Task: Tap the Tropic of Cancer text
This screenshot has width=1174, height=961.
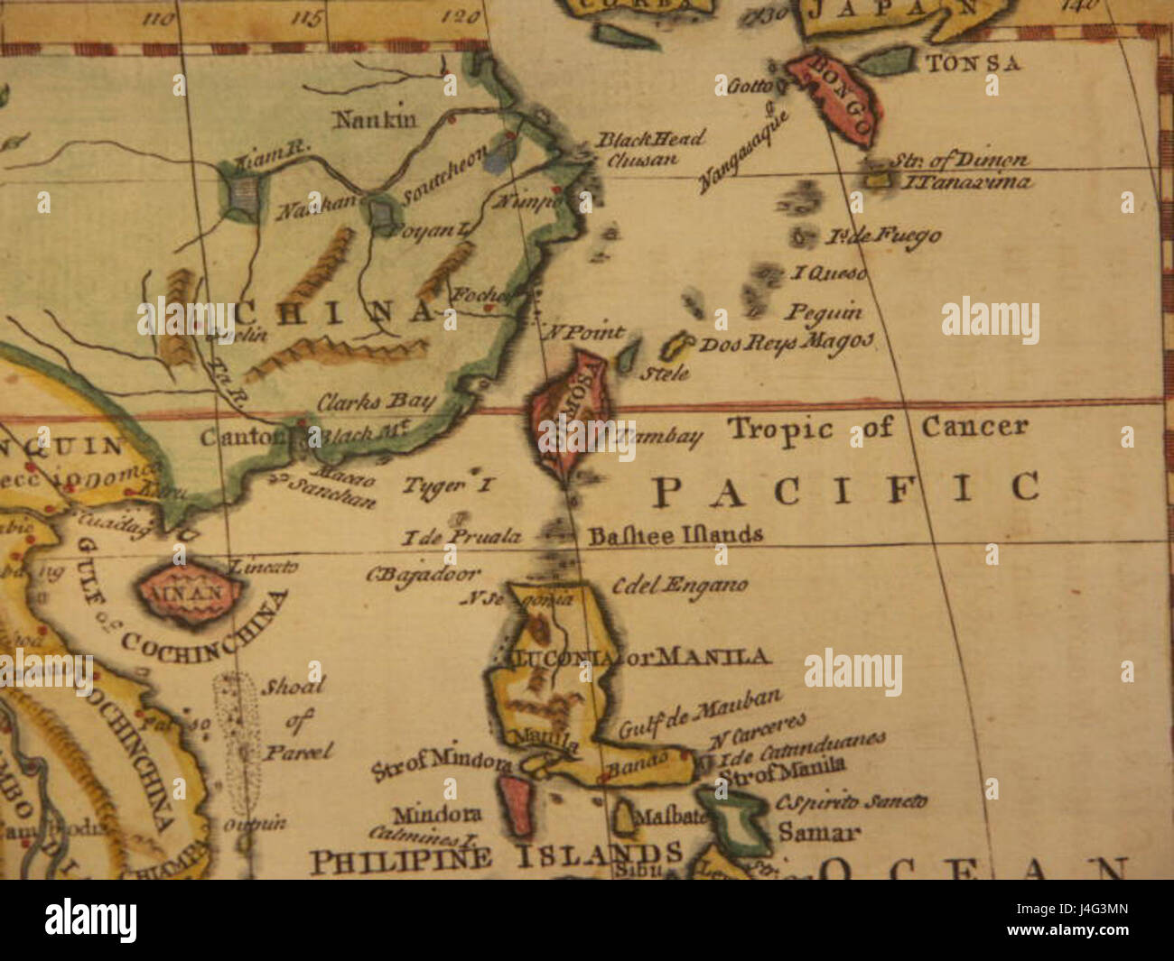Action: (x=877, y=428)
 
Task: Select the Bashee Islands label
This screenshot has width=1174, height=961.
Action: (x=676, y=535)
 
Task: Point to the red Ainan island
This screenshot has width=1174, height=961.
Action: (x=190, y=592)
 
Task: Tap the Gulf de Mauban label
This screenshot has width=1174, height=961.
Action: (x=701, y=713)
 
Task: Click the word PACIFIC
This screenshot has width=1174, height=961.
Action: (x=845, y=489)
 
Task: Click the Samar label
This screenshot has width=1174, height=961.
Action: (x=819, y=832)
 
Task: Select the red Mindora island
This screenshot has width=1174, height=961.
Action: (x=516, y=806)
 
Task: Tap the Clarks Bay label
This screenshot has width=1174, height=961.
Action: (x=376, y=402)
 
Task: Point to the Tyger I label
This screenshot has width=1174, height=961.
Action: (x=448, y=485)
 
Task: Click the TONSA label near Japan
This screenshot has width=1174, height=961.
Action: (x=974, y=63)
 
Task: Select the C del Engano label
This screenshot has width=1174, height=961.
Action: (x=679, y=585)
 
